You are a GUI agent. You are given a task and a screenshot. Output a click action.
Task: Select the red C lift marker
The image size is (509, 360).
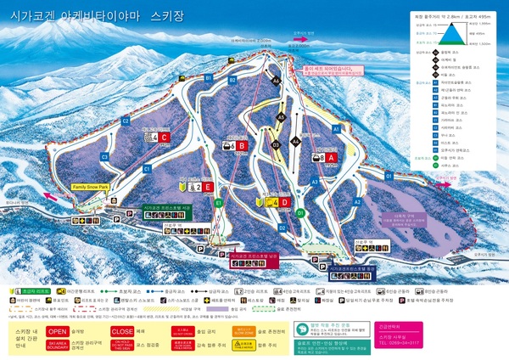coord(165,137)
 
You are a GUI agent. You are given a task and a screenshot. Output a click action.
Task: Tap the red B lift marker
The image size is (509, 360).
coord(242,146)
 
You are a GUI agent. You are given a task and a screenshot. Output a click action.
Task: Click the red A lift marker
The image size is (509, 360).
coord(332,157)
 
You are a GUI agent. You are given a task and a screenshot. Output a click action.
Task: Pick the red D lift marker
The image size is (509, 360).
coord(285,202)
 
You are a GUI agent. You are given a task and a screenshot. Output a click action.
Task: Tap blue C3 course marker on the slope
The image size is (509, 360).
coord(105,157)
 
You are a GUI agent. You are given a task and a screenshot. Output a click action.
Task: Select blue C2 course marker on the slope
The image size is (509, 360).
coord(126,121)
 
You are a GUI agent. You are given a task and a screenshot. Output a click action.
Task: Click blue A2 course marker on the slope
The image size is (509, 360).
coord(357,202)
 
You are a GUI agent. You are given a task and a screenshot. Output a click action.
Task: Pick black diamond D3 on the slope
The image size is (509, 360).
coord(276,144)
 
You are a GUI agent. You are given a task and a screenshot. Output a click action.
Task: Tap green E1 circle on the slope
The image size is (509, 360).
coord(219,203)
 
